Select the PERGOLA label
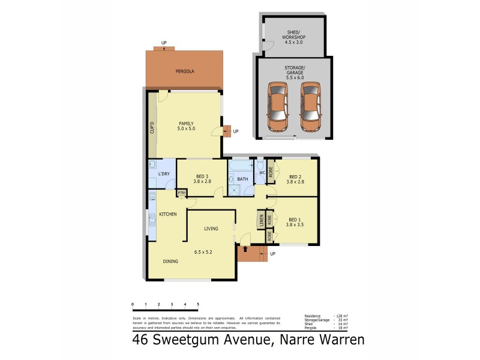[x=184, y=71]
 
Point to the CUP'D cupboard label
[x=152, y=128]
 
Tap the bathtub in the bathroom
[x=242, y=164]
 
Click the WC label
[x=261, y=173]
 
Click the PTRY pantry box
[x=181, y=193]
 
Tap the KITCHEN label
[x=167, y=214]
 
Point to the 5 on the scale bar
[x=198, y=305]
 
